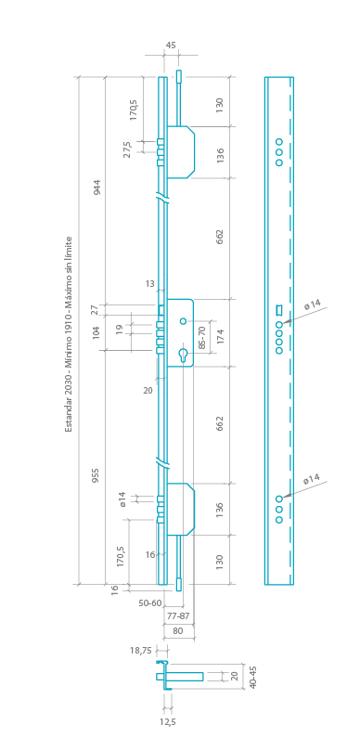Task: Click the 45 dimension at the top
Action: pyautogui.click(x=171, y=45)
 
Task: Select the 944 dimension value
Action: pyautogui.click(x=97, y=188)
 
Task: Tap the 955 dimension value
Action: pyautogui.click(x=96, y=476)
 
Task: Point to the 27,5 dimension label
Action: pyautogui.click(x=128, y=149)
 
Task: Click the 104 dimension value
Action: pyautogui.click(x=96, y=332)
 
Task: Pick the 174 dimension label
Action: pyautogui.click(x=220, y=337)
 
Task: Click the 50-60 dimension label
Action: pyautogui.click(x=149, y=603)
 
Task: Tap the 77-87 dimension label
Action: pyautogui.click(x=178, y=616)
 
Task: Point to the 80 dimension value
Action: pyautogui.click(x=178, y=630)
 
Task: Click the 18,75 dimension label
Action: pyautogui.click(x=141, y=652)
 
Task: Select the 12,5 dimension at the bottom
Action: pyautogui.click(x=167, y=720)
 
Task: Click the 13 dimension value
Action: pyautogui.click(x=150, y=284)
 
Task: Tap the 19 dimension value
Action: pyautogui.click(x=119, y=329)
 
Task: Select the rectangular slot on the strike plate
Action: pyautogui.click(x=278, y=310)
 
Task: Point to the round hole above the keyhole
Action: pyautogui.click(x=184, y=322)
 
